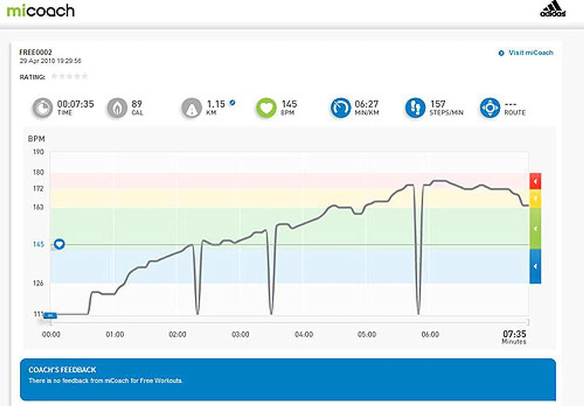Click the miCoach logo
pyautogui.click(x=41, y=11)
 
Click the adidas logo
pyautogui.click(x=553, y=9)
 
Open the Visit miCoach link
pyautogui.click(x=530, y=53)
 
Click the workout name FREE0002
pyautogui.click(x=36, y=52)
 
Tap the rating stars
pyautogui.click(x=69, y=76)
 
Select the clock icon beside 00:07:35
pyautogui.click(x=43, y=108)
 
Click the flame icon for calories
pyautogui.click(x=117, y=108)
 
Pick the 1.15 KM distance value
pyautogui.click(x=216, y=104)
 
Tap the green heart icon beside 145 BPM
pyautogui.click(x=266, y=108)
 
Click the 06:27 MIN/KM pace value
pyautogui.click(x=366, y=104)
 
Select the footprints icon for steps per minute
pyautogui.click(x=415, y=108)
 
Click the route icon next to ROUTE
pyautogui.click(x=490, y=108)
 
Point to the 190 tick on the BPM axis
pyautogui.click(x=39, y=152)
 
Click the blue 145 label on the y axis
pyautogui.click(x=39, y=244)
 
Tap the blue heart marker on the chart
pyautogui.click(x=59, y=244)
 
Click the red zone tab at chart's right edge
pyautogui.click(x=535, y=181)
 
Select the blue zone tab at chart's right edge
pyautogui.click(x=535, y=266)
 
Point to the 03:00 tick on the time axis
pyautogui.click(x=240, y=335)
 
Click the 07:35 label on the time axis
pyautogui.click(x=514, y=334)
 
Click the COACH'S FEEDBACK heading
pyautogui.click(x=62, y=370)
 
